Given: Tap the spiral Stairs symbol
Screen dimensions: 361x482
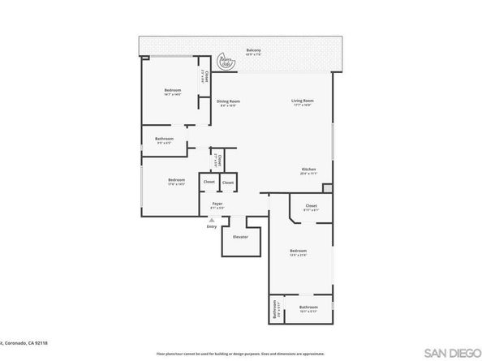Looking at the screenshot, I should tap(227, 62).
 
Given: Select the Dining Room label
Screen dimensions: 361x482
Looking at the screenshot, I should tap(228, 101).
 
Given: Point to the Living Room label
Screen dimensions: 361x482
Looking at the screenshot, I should tap(303, 101).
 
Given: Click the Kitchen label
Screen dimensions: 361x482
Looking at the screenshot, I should tap(308, 170).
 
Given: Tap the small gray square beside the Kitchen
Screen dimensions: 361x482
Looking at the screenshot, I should tap(327, 188).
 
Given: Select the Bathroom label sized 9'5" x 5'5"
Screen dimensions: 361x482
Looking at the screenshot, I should tap(165, 139).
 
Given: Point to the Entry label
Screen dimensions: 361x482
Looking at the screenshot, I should tap(212, 228).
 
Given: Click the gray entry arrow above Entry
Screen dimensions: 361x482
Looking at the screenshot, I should tap(212, 220).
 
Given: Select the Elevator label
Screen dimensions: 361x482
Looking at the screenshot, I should tap(240, 236).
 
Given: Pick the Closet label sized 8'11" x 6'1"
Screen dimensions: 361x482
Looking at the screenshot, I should tap(311, 207).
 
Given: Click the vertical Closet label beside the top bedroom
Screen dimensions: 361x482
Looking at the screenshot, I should tap(208, 79).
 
